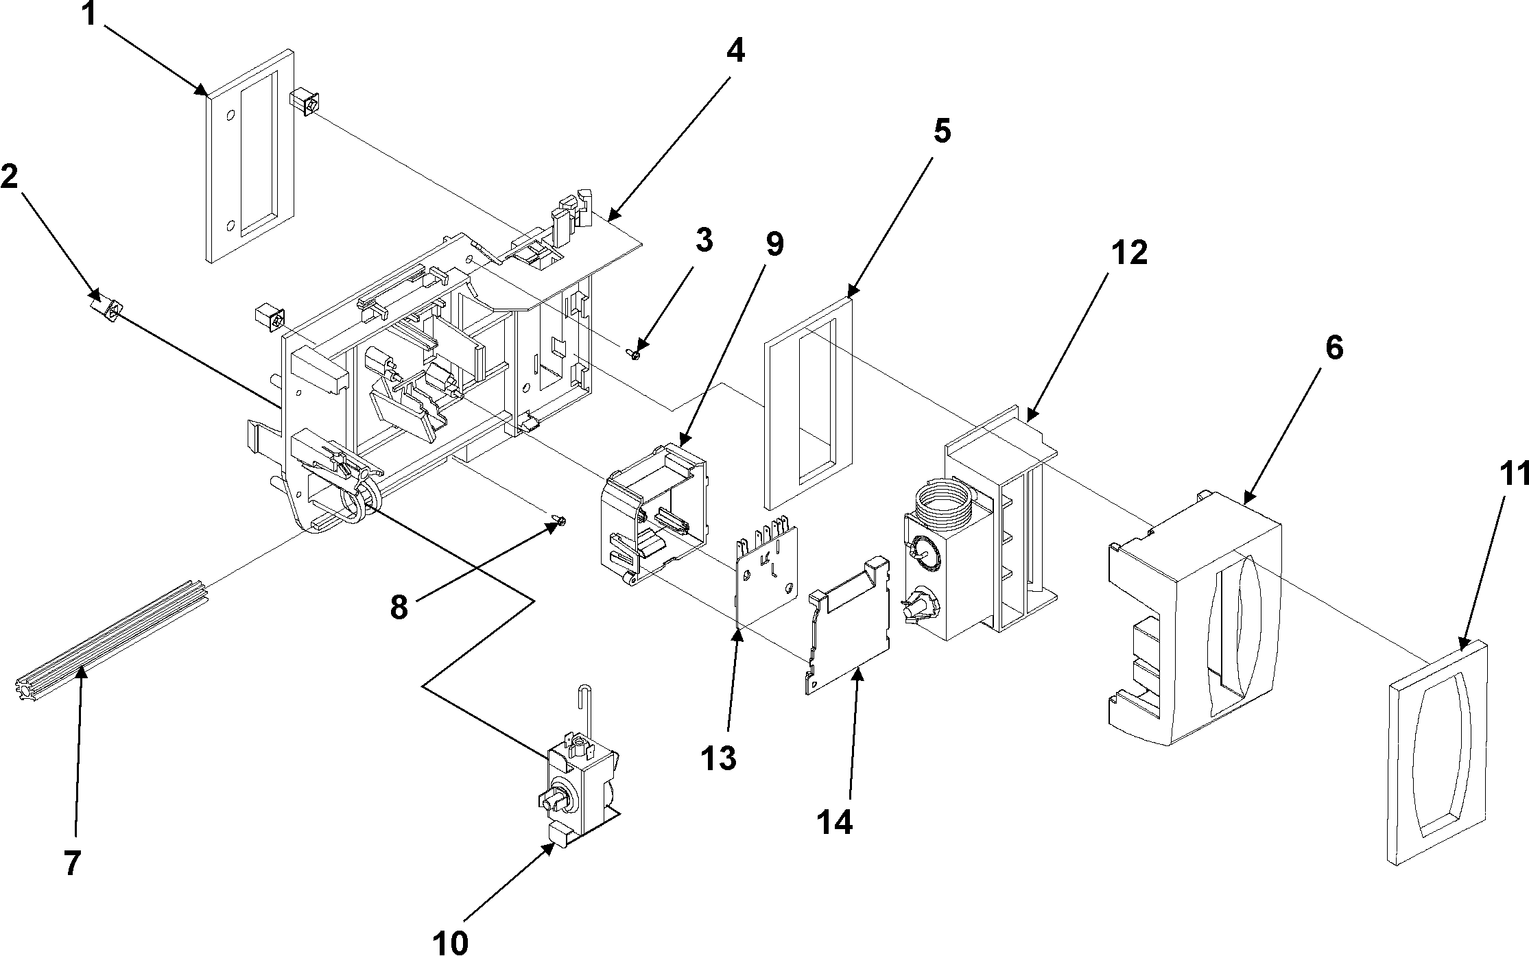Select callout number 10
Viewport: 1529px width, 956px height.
pos(451,941)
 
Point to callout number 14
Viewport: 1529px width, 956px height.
pos(835,821)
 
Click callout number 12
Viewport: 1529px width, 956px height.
pos(1128,254)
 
